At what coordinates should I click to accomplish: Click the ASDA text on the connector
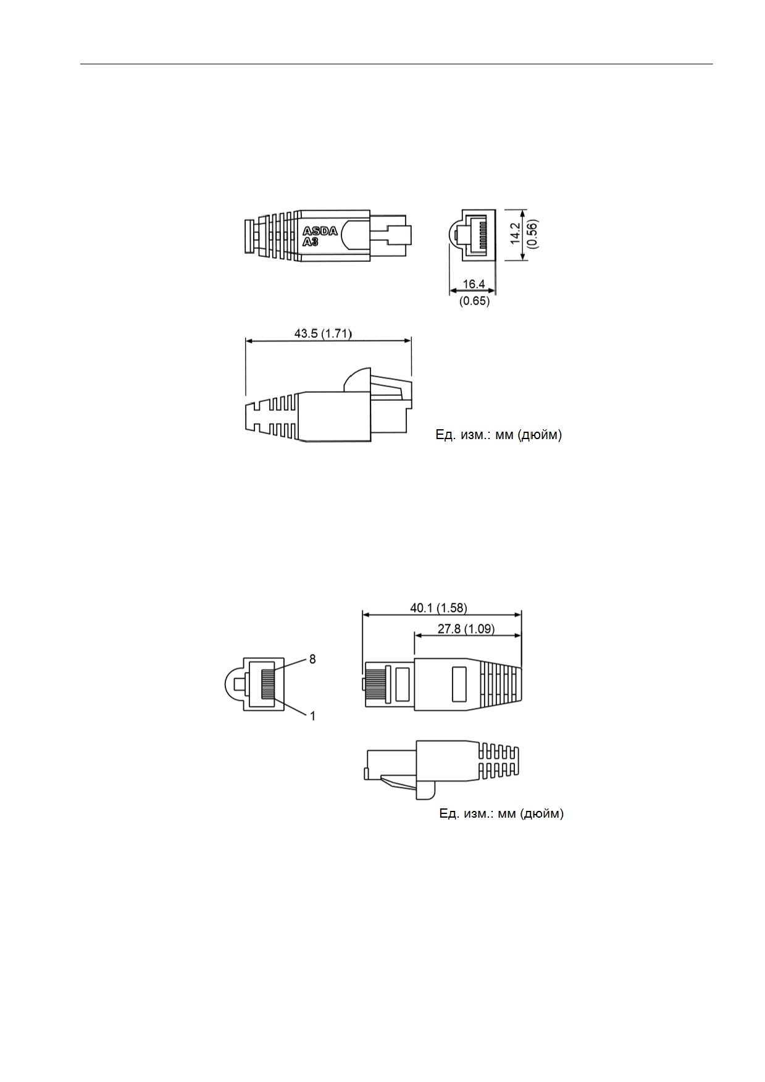(x=320, y=232)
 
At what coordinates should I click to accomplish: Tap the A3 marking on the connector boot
(x=311, y=242)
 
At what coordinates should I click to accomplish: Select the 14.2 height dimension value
(x=516, y=234)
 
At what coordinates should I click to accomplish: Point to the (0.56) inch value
(x=533, y=234)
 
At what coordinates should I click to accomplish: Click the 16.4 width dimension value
(x=474, y=284)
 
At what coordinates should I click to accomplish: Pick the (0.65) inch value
(x=474, y=301)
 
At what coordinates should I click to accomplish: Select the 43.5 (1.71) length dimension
(x=323, y=333)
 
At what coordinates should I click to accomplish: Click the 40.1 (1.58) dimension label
(x=438, y=608)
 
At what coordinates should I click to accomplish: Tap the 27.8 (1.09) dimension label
(x=466, y=629)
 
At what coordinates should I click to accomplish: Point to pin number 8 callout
(x=312, y=660)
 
